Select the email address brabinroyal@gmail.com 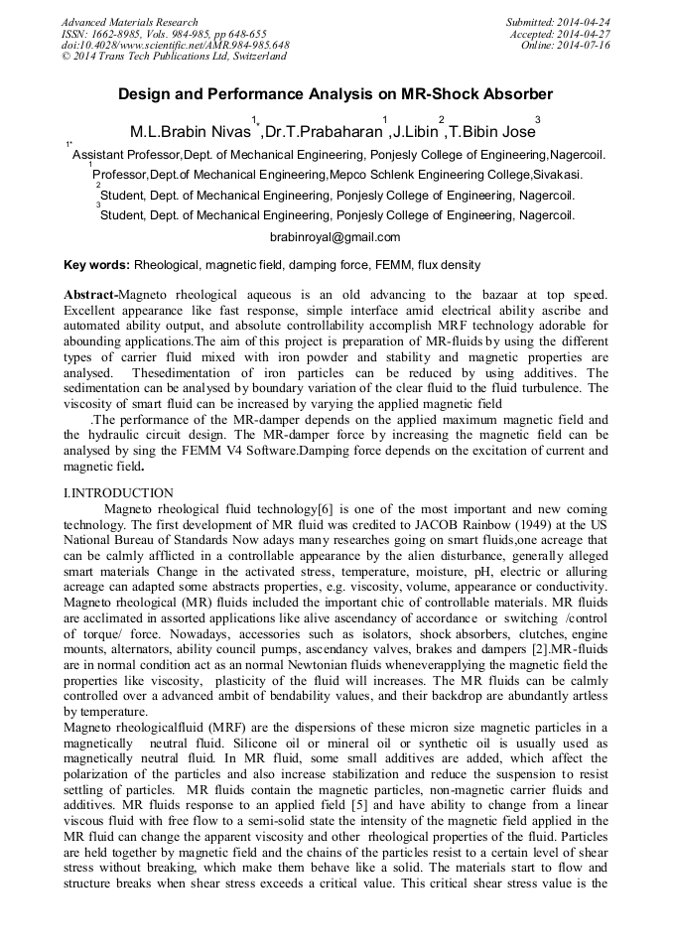[x=335, y=237]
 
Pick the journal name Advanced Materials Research [x=129, y=22]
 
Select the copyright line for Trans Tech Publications [x=174, y=58]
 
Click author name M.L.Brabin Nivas [x=189, y=131]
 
